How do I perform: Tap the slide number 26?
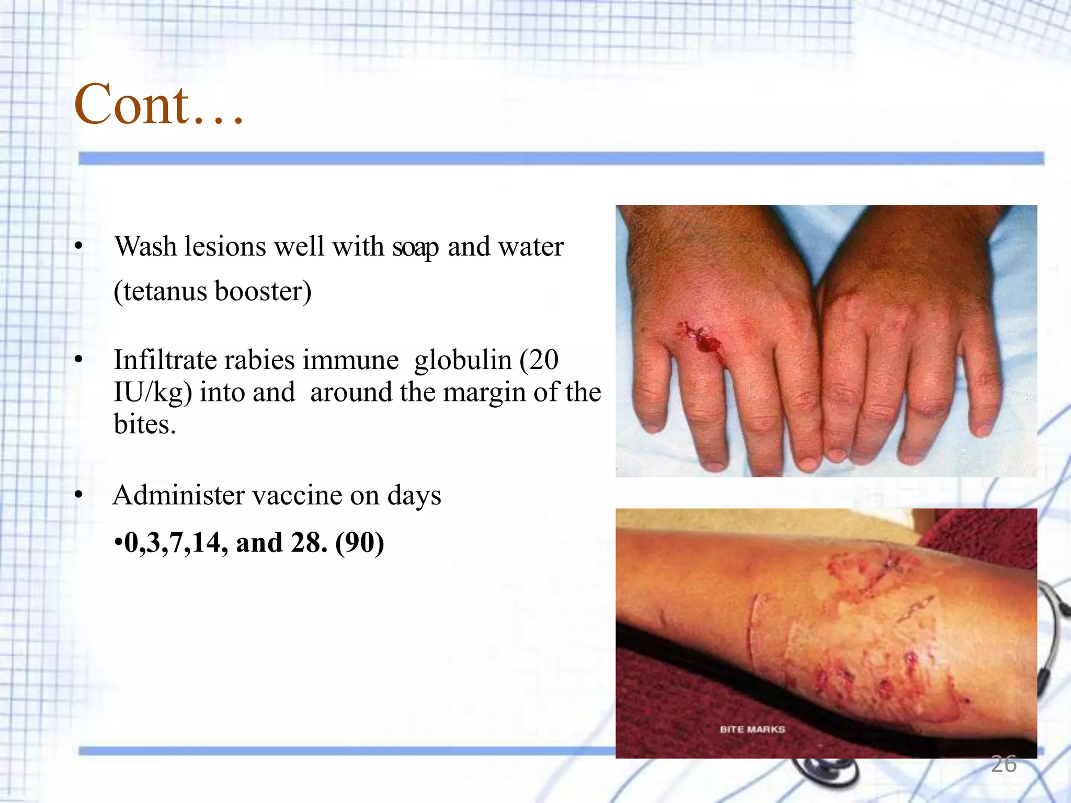click(x=1004, y=764)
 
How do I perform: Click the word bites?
click(x=144, y=425)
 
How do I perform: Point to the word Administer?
click(x=178, y=495)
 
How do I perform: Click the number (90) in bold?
click(x=360, y=543)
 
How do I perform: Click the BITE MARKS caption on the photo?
click(x=752, y=729)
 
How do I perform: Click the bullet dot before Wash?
click(x=79, y=246)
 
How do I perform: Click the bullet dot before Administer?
click(x=79, y=495)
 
